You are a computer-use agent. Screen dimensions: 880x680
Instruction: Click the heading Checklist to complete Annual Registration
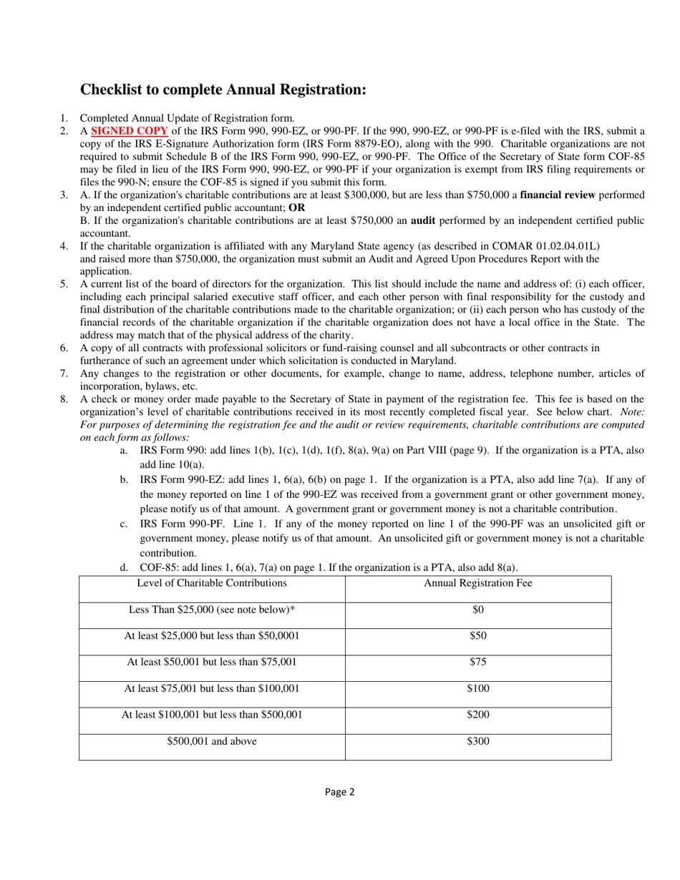(x=223, y=89)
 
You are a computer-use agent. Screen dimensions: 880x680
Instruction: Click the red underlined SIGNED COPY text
(x=130, y=131)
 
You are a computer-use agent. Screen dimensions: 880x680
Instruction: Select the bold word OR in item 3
(x=296, y=207)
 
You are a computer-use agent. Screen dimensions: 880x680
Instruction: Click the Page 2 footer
(x=339, y=791)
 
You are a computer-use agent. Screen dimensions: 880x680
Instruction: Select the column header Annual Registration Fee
(x=477, y=583)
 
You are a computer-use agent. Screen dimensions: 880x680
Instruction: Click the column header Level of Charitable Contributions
(x=212, y=583)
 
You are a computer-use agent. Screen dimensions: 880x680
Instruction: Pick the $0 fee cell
(x=477, y=610)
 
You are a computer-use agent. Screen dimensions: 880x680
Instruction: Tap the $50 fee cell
(x=477, y=636)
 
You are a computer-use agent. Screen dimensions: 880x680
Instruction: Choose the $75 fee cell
(x=477, y=662)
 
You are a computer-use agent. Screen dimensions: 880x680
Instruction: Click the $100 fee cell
(x=477, y=688)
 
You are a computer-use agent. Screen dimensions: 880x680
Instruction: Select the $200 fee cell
(x=477, y=715)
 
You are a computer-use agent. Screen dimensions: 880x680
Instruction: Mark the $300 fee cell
(x=477, y=741)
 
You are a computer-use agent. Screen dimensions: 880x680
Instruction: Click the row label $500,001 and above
(x=212, y=741)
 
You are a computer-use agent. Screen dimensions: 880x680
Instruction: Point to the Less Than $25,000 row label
(x=212, y=610)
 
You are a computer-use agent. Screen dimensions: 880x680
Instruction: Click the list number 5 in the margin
(x=64, y=284)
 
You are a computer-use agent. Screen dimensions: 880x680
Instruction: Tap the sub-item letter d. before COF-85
(x=124, y=567)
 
